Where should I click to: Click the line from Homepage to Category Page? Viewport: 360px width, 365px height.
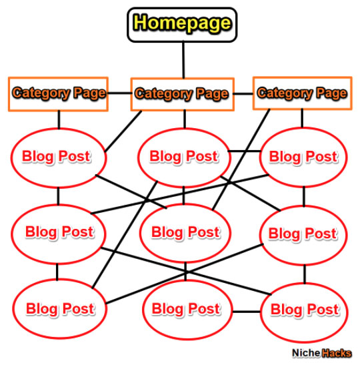[183, 60]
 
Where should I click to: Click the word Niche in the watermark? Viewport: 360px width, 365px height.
[306, 353]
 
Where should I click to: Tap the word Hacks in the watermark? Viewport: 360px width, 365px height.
[336, 354]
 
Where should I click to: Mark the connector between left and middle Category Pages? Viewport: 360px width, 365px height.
[119, 93]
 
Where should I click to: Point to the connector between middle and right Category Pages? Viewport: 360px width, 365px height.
[243, 94]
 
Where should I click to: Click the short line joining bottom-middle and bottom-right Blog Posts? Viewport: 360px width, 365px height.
[247, 312]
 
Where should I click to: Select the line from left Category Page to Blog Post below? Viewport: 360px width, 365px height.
[59, 119]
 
